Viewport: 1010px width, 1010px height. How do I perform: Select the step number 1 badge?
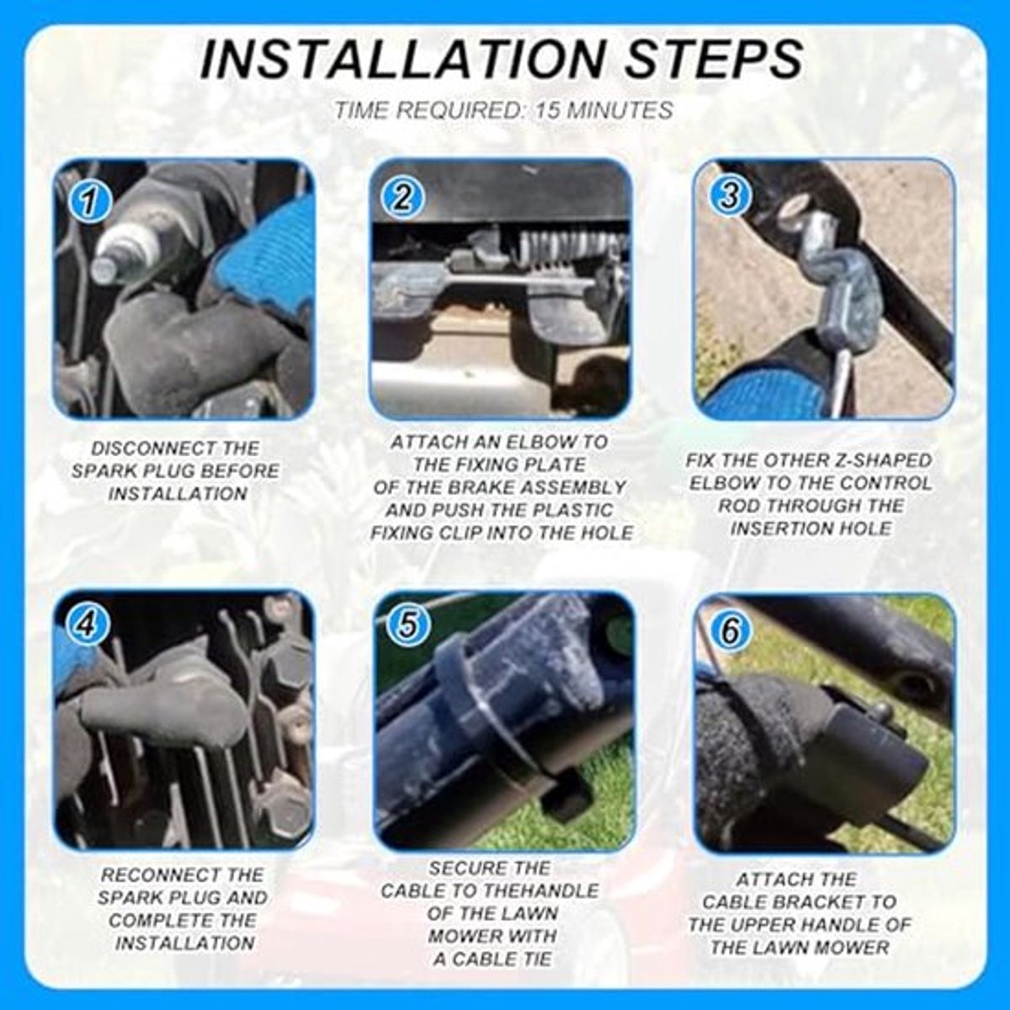point(89,203)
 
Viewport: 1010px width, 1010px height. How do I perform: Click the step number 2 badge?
point(402,199)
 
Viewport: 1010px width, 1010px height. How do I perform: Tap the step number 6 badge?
point(731,630)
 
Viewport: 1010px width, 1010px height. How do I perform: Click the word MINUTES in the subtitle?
point(620,110)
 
